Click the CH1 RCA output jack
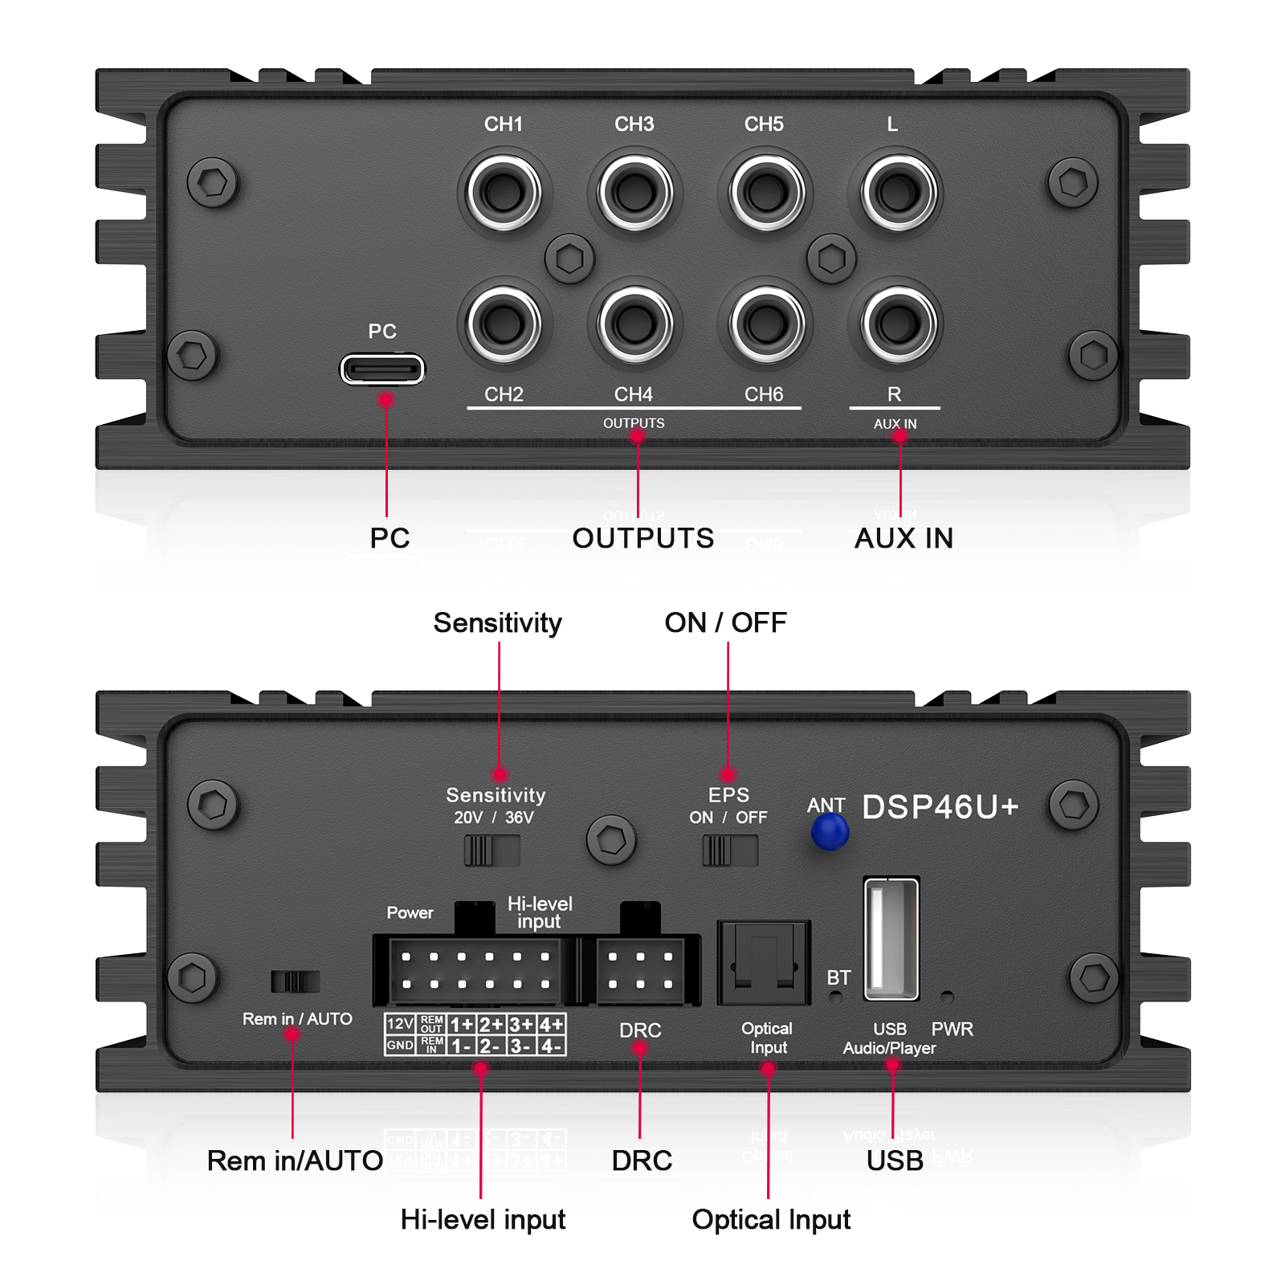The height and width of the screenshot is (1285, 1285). (504, 192)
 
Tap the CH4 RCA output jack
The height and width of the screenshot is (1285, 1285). (634, 324)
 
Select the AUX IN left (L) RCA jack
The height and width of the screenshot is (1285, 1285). (897, 192)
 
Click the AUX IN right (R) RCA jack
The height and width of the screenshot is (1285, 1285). (897, 324)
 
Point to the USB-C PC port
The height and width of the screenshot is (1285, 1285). (382, 369)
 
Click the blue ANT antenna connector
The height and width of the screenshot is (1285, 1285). (830, 831)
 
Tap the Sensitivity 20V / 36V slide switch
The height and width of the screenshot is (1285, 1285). (492, 851)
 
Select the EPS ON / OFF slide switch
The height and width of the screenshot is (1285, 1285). (729, 851)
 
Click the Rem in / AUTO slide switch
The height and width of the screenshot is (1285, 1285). (295, 981)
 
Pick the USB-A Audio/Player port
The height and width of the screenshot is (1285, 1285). (891, 938)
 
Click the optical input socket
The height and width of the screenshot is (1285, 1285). (763, 962)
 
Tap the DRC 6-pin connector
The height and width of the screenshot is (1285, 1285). (640, 970)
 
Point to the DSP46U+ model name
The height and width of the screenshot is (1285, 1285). (940, 807)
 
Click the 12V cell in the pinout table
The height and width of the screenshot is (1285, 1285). (400, 1024)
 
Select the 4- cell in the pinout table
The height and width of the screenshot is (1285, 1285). (551, 1046)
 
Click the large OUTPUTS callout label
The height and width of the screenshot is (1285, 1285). (642, 538)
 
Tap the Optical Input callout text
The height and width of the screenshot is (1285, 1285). (770, 1219)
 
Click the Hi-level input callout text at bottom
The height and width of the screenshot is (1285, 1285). (483, 1219)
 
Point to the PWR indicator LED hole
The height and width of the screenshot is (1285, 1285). (947, 997)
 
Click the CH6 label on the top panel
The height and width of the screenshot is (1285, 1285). (763, 394)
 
